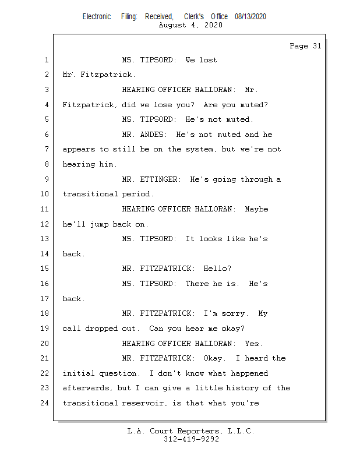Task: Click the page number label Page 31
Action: point(305,46)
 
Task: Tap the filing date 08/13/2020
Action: point(250,17)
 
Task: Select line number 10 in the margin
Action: point(46,194)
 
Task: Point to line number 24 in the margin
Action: point(46,403)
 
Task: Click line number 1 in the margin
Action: point(46,60)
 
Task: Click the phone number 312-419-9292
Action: point(192,440)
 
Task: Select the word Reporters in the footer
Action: point(193,432)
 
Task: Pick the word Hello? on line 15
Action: point(217,269)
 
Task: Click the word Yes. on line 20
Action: point(253,344)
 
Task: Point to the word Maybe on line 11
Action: point(256,209)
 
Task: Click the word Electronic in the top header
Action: point(97,17)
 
